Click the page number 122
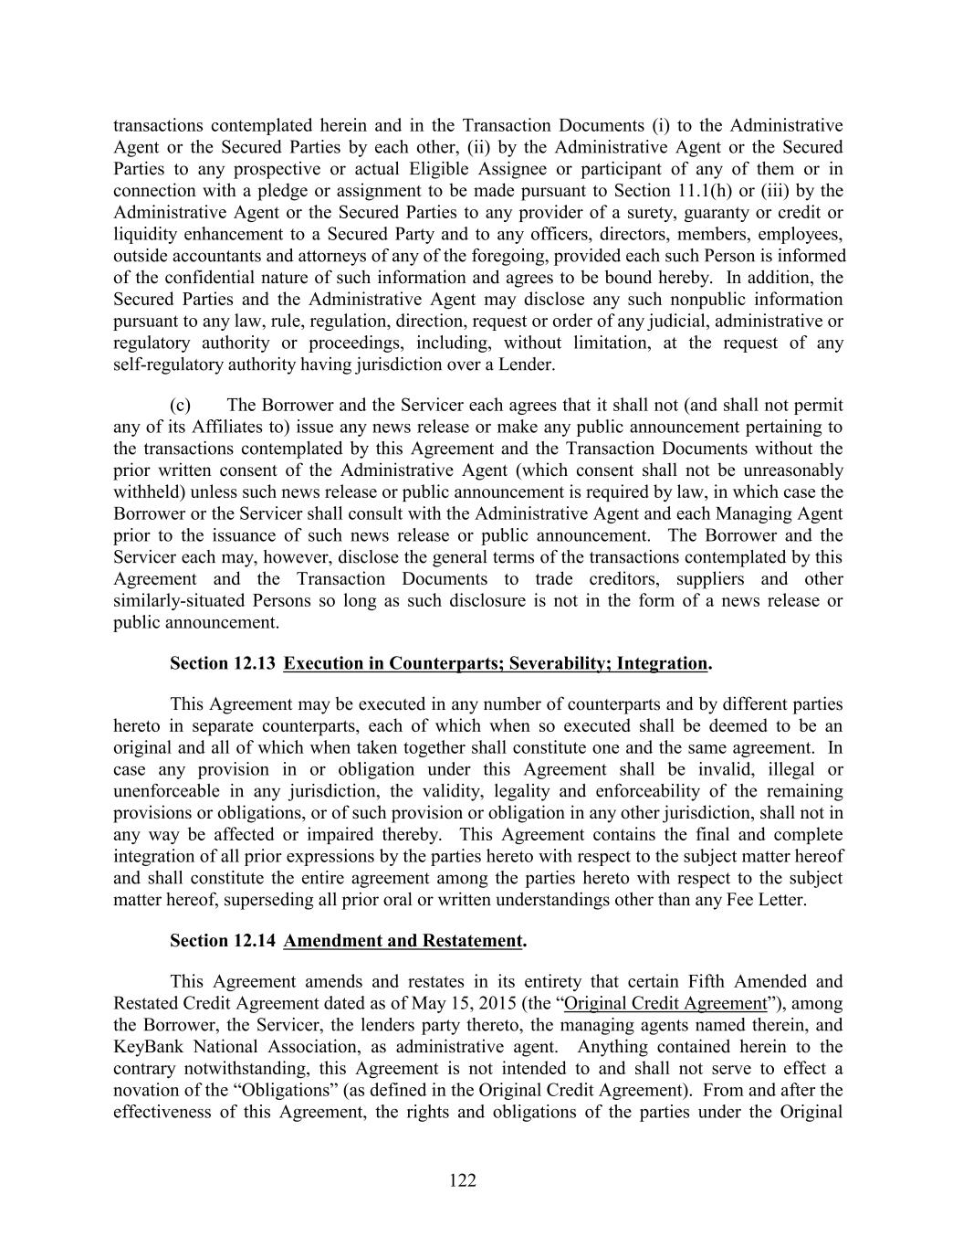463,1181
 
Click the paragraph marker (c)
180,405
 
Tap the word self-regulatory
167,365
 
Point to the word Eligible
441,169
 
